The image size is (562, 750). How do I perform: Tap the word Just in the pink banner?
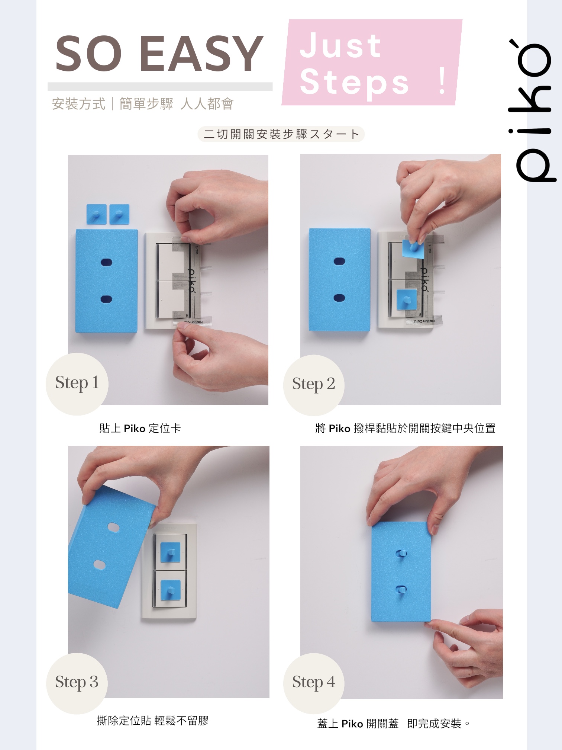[340, 45]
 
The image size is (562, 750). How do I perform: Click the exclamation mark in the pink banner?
[442, 81]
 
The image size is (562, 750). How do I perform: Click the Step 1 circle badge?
[77, 384]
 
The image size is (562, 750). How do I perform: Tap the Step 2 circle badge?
[314, 385]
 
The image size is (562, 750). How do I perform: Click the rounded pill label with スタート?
[281, 134]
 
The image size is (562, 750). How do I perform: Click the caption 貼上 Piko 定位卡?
[140, 429]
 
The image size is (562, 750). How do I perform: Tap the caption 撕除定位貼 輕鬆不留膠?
[153, 721]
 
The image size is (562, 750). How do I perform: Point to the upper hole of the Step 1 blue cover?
[107, 263]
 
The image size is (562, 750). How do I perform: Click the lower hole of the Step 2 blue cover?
[339, 298]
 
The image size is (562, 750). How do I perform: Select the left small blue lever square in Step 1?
[96, 214]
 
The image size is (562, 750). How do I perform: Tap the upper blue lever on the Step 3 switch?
[170, 552]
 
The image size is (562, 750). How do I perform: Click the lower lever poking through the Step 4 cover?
[401, 589]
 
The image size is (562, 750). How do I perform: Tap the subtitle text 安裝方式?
[79, 104]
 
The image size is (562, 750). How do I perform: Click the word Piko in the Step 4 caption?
[352, 724]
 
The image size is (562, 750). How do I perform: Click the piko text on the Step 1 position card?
[191, 281]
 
